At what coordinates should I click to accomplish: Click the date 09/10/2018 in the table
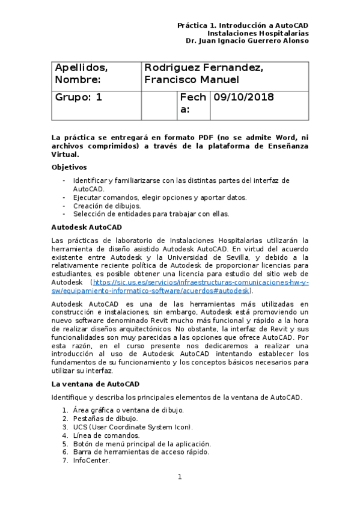coord(243,97)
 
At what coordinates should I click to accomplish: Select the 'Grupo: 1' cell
coord(79,97)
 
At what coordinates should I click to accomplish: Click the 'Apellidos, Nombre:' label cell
coord(81,73)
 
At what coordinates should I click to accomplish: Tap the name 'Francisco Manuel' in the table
coord(192,80)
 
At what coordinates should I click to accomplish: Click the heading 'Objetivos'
coord(69,167)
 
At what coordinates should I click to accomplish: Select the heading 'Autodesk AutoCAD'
coord(87,227)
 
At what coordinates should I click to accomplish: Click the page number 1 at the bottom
coord(179,477)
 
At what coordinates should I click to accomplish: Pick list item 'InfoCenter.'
coord(91,460)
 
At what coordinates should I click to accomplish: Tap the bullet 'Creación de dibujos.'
coord(107,205)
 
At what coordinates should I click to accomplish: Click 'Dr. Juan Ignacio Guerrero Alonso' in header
coord(247,41)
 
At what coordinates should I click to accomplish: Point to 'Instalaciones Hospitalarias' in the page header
coord(262,33)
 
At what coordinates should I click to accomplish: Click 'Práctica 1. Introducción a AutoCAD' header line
coord(243,25)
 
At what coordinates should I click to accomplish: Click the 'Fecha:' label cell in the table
coord(192,103)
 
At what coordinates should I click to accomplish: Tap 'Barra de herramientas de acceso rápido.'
coord(141,452)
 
